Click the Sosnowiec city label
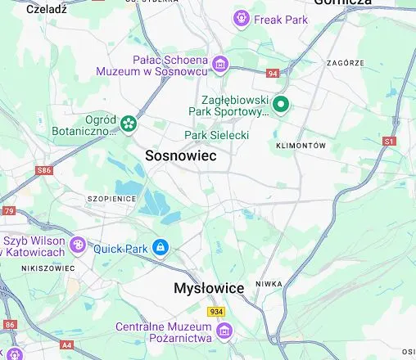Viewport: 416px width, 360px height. [180, 155]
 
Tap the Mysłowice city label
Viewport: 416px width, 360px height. [209, 289]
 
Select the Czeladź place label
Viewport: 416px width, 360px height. [46, 10]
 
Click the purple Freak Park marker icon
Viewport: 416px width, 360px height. [242, 18]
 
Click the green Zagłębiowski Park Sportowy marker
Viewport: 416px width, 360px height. [282, 104]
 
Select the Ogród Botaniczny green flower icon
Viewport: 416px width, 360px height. [128, 124]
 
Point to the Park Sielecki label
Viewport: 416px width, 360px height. [216, 135]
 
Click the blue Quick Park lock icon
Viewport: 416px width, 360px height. [161, 247]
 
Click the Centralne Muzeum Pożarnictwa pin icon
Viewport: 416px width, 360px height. [224, 330]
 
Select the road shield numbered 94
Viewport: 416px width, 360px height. [273, 74]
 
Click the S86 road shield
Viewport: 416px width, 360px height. [44, 171]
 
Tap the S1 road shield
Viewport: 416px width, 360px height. [389, 142]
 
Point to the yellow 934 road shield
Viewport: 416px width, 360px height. [216, 311]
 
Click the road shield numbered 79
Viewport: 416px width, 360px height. [9, 211]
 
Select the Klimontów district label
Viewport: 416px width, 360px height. [301, 145]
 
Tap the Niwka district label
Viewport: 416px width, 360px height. [269, 285]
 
